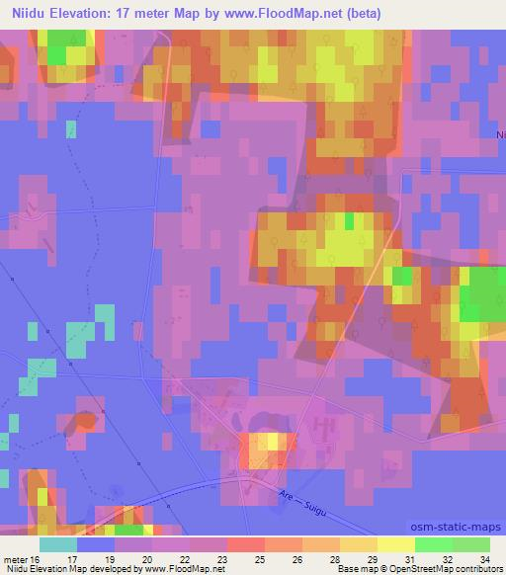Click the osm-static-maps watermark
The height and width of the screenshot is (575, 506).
coord(464,528)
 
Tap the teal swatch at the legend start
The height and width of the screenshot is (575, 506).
coord(58,544)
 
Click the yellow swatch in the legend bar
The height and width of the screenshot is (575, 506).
coord(395,544)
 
